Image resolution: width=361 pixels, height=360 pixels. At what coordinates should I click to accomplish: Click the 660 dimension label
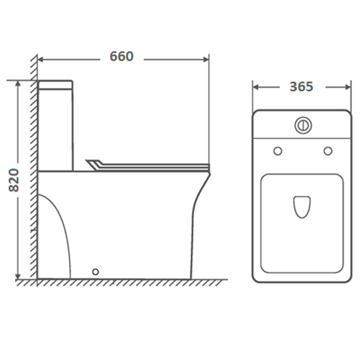tap(122, 56)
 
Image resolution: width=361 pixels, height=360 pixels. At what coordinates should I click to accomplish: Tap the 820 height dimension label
tap(14, 180)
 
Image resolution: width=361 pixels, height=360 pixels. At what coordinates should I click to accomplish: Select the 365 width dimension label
tap(301, 86)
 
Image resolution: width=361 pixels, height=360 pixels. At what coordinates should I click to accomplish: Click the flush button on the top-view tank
tap(303, 125)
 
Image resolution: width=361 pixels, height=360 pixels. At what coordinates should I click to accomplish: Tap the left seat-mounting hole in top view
tap(278, 151)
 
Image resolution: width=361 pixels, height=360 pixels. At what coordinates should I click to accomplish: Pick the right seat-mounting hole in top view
tap(328, 151)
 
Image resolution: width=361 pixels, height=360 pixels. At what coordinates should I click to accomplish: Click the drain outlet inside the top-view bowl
tap(302, 207)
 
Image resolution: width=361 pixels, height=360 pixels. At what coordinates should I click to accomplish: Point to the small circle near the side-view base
tap(96, 271)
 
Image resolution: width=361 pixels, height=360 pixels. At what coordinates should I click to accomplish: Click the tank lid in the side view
tap(55, 85)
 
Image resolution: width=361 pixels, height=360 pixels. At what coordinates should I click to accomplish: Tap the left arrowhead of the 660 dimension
tap(40, 59)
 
